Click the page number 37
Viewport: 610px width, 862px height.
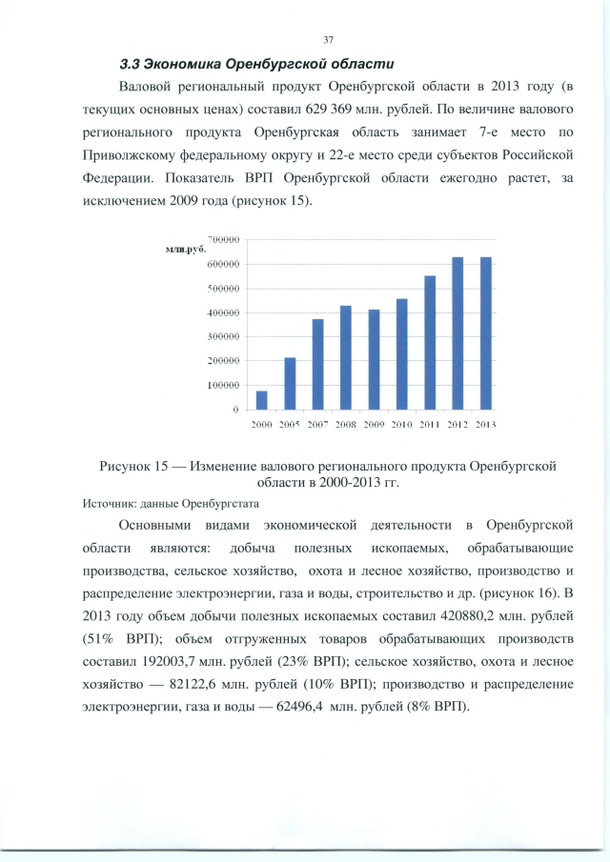(x=328, y=39)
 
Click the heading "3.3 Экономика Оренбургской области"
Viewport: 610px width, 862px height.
(x=255, y=65)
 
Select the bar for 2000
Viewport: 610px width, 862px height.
(x=261, y=400)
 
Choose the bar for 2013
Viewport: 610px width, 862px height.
(x=486, y=333)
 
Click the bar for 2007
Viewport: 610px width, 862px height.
(x=317, y=364)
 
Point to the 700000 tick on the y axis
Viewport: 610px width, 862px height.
(x=222, y=240)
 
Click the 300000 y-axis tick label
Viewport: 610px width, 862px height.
(x=222, y=337)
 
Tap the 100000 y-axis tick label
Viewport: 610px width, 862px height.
(x=222, y=386)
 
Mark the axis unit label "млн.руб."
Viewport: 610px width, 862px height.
(x=173, y=249)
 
